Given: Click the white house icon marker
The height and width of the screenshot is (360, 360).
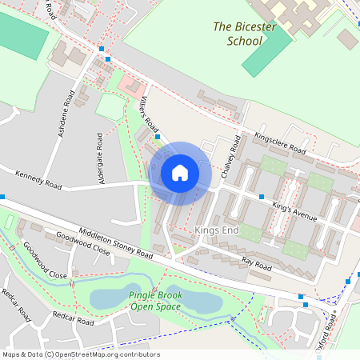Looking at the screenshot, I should pyautogui.click(x=180, y=173).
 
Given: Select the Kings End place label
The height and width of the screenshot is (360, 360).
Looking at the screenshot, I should pyautogui.click(x=217, y=230).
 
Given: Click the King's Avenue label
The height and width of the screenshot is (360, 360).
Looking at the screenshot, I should pyautogui.click(x=294, y=212).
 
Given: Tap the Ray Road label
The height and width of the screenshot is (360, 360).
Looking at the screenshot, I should pyautogui.click(x=257, y=262).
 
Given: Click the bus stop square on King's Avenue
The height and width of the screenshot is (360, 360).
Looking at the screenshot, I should pyautogui.click(x=262, y=196).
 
